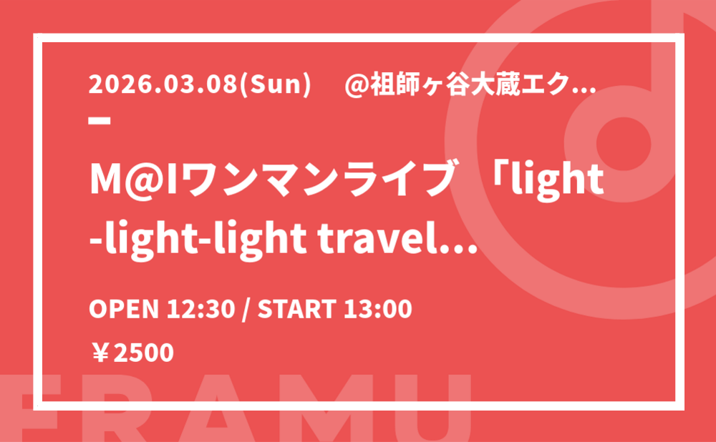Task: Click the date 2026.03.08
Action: (163, 84)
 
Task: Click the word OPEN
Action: (123, 309)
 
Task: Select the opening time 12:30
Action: (200, 309)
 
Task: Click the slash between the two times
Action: (246, 309)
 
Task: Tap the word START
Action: (297, 309)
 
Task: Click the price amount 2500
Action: (143, 353)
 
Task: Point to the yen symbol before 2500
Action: (100, 353)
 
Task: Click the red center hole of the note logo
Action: (624, 142)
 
